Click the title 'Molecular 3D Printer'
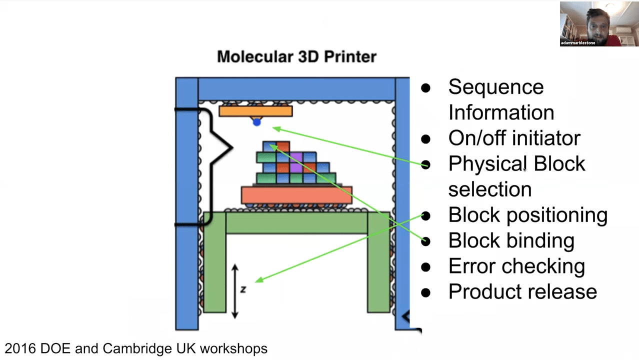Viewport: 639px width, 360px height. pos(296,56)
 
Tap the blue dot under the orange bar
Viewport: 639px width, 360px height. pos(256,122)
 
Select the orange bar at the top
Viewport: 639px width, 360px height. pos(255,110)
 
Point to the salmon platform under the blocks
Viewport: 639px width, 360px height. pos(296,195)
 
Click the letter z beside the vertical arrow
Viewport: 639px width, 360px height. pos(243,289)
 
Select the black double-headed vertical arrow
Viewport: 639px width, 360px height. pos(234,291)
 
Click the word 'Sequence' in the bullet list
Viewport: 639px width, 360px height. pos(495,87)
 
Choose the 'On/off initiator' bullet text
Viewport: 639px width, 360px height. pos(514,138)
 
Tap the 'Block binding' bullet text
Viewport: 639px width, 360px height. pos(511,240)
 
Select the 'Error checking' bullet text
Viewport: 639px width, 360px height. pos(516,266)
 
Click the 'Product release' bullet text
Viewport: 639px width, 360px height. pos(522,291)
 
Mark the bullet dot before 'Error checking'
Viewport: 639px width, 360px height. pos(425,266)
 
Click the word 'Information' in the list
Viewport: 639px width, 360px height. pos(501,112)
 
